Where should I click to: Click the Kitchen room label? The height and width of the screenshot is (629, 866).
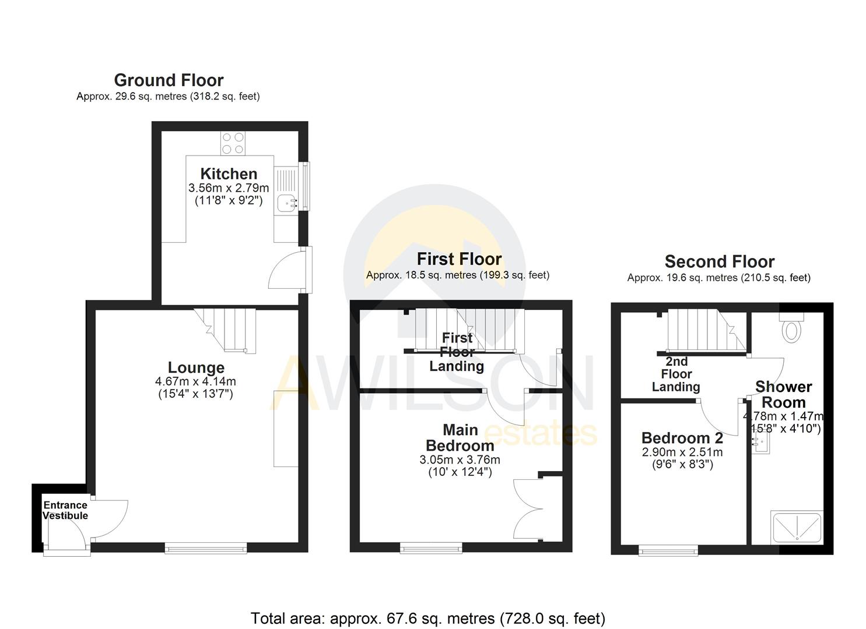coord(229,174)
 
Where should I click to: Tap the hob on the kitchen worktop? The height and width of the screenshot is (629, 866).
coord(233,143)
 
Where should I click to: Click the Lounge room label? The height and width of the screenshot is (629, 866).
coord(196,367)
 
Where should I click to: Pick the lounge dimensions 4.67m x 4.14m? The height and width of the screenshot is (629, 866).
coord(195,382)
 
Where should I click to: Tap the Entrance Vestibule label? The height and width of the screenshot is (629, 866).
coord(65,510)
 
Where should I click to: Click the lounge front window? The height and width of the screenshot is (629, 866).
coord(206,547)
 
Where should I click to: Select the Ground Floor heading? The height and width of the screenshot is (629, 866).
coord(169,80)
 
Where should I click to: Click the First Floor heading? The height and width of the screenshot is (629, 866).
coord(459,259)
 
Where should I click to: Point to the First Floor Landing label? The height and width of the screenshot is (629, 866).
coord(457,352)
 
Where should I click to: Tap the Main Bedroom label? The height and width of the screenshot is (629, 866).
coord(460,438)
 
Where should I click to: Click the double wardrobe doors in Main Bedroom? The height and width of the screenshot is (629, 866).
coord(528,509)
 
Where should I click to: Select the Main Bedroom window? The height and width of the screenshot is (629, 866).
coord(431,547)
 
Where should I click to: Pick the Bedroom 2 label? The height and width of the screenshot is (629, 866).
coord(682,438)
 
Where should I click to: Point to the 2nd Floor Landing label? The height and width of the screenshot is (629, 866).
coord(676,374)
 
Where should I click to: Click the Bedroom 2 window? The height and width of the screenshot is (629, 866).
coord(668,550)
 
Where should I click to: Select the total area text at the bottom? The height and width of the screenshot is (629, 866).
coord(428,618)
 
